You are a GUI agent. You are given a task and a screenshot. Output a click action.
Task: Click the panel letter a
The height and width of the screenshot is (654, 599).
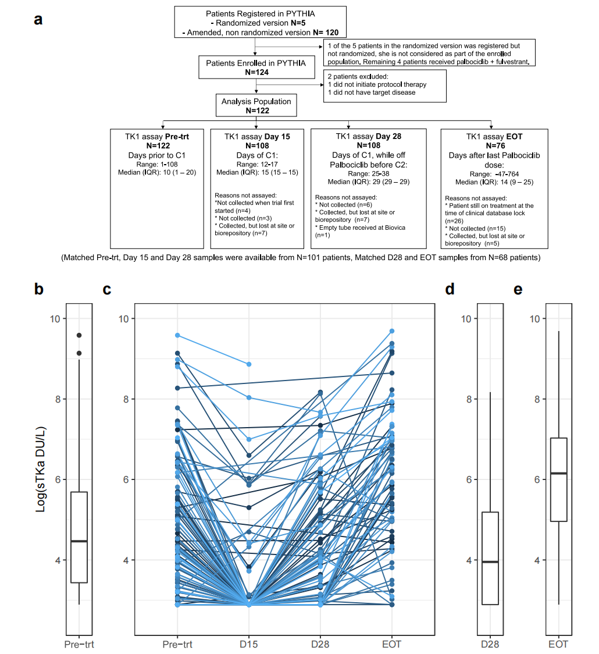click(x=38, y=19)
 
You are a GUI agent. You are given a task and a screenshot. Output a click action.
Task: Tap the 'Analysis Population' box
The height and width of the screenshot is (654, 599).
click(x=256, y=105)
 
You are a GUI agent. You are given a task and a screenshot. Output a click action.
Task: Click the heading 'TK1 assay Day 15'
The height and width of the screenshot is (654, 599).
click(x=256, y=136)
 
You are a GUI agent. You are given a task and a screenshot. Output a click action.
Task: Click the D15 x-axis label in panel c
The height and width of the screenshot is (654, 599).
click(x=249, y=644)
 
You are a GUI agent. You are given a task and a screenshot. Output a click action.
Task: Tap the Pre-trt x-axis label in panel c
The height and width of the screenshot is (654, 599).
click(x=177, y=644)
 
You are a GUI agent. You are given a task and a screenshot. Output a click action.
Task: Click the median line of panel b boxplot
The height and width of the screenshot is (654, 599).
click(x=79, y=541)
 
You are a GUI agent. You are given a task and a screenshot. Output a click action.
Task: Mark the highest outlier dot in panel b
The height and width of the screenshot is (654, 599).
click(x=79, y=335)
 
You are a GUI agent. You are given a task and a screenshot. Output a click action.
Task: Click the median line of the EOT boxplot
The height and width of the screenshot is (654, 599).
click(x=558, y=473)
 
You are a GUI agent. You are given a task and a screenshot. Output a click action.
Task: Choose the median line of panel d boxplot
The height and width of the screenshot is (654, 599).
click(x=490, y=561)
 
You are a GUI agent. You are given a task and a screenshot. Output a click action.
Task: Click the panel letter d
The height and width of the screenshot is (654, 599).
click(x=449, y=289)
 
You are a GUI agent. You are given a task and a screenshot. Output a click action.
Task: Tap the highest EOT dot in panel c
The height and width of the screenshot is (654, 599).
click(x=392, y=331)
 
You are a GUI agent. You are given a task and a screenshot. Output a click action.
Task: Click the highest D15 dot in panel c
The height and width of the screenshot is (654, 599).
click(x=249, y=364)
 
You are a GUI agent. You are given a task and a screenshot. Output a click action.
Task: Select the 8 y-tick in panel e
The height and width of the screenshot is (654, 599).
click(x=537, y=399)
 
